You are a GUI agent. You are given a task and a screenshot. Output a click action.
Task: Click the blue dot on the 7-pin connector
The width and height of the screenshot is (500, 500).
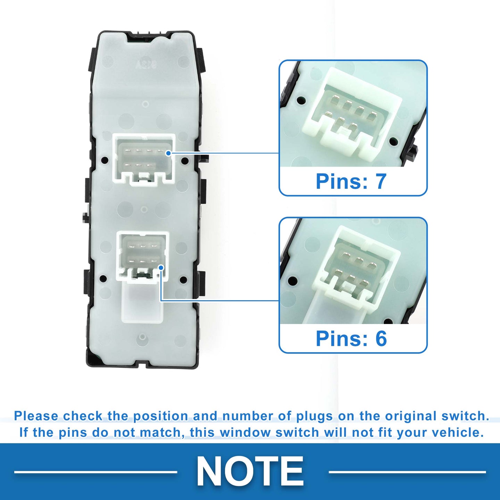[x=168, y=153]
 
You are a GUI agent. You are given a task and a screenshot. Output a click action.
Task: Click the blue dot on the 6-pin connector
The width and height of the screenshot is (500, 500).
[x=161, y=267]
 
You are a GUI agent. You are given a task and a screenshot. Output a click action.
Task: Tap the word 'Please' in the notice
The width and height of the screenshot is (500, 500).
[x=36, y=416]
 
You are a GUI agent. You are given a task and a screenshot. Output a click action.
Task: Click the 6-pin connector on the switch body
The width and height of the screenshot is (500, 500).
[x=142, y=255]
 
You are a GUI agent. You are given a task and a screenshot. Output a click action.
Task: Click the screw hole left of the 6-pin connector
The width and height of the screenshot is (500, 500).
[x=103, y=279]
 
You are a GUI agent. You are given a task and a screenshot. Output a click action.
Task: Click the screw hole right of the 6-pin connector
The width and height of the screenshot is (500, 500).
[x=183, y=279]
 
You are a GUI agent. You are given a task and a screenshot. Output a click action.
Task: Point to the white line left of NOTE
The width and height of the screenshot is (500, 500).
[x=95, y=472]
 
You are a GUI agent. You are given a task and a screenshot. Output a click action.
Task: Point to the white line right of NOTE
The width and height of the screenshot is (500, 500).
[x=407, y=472]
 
